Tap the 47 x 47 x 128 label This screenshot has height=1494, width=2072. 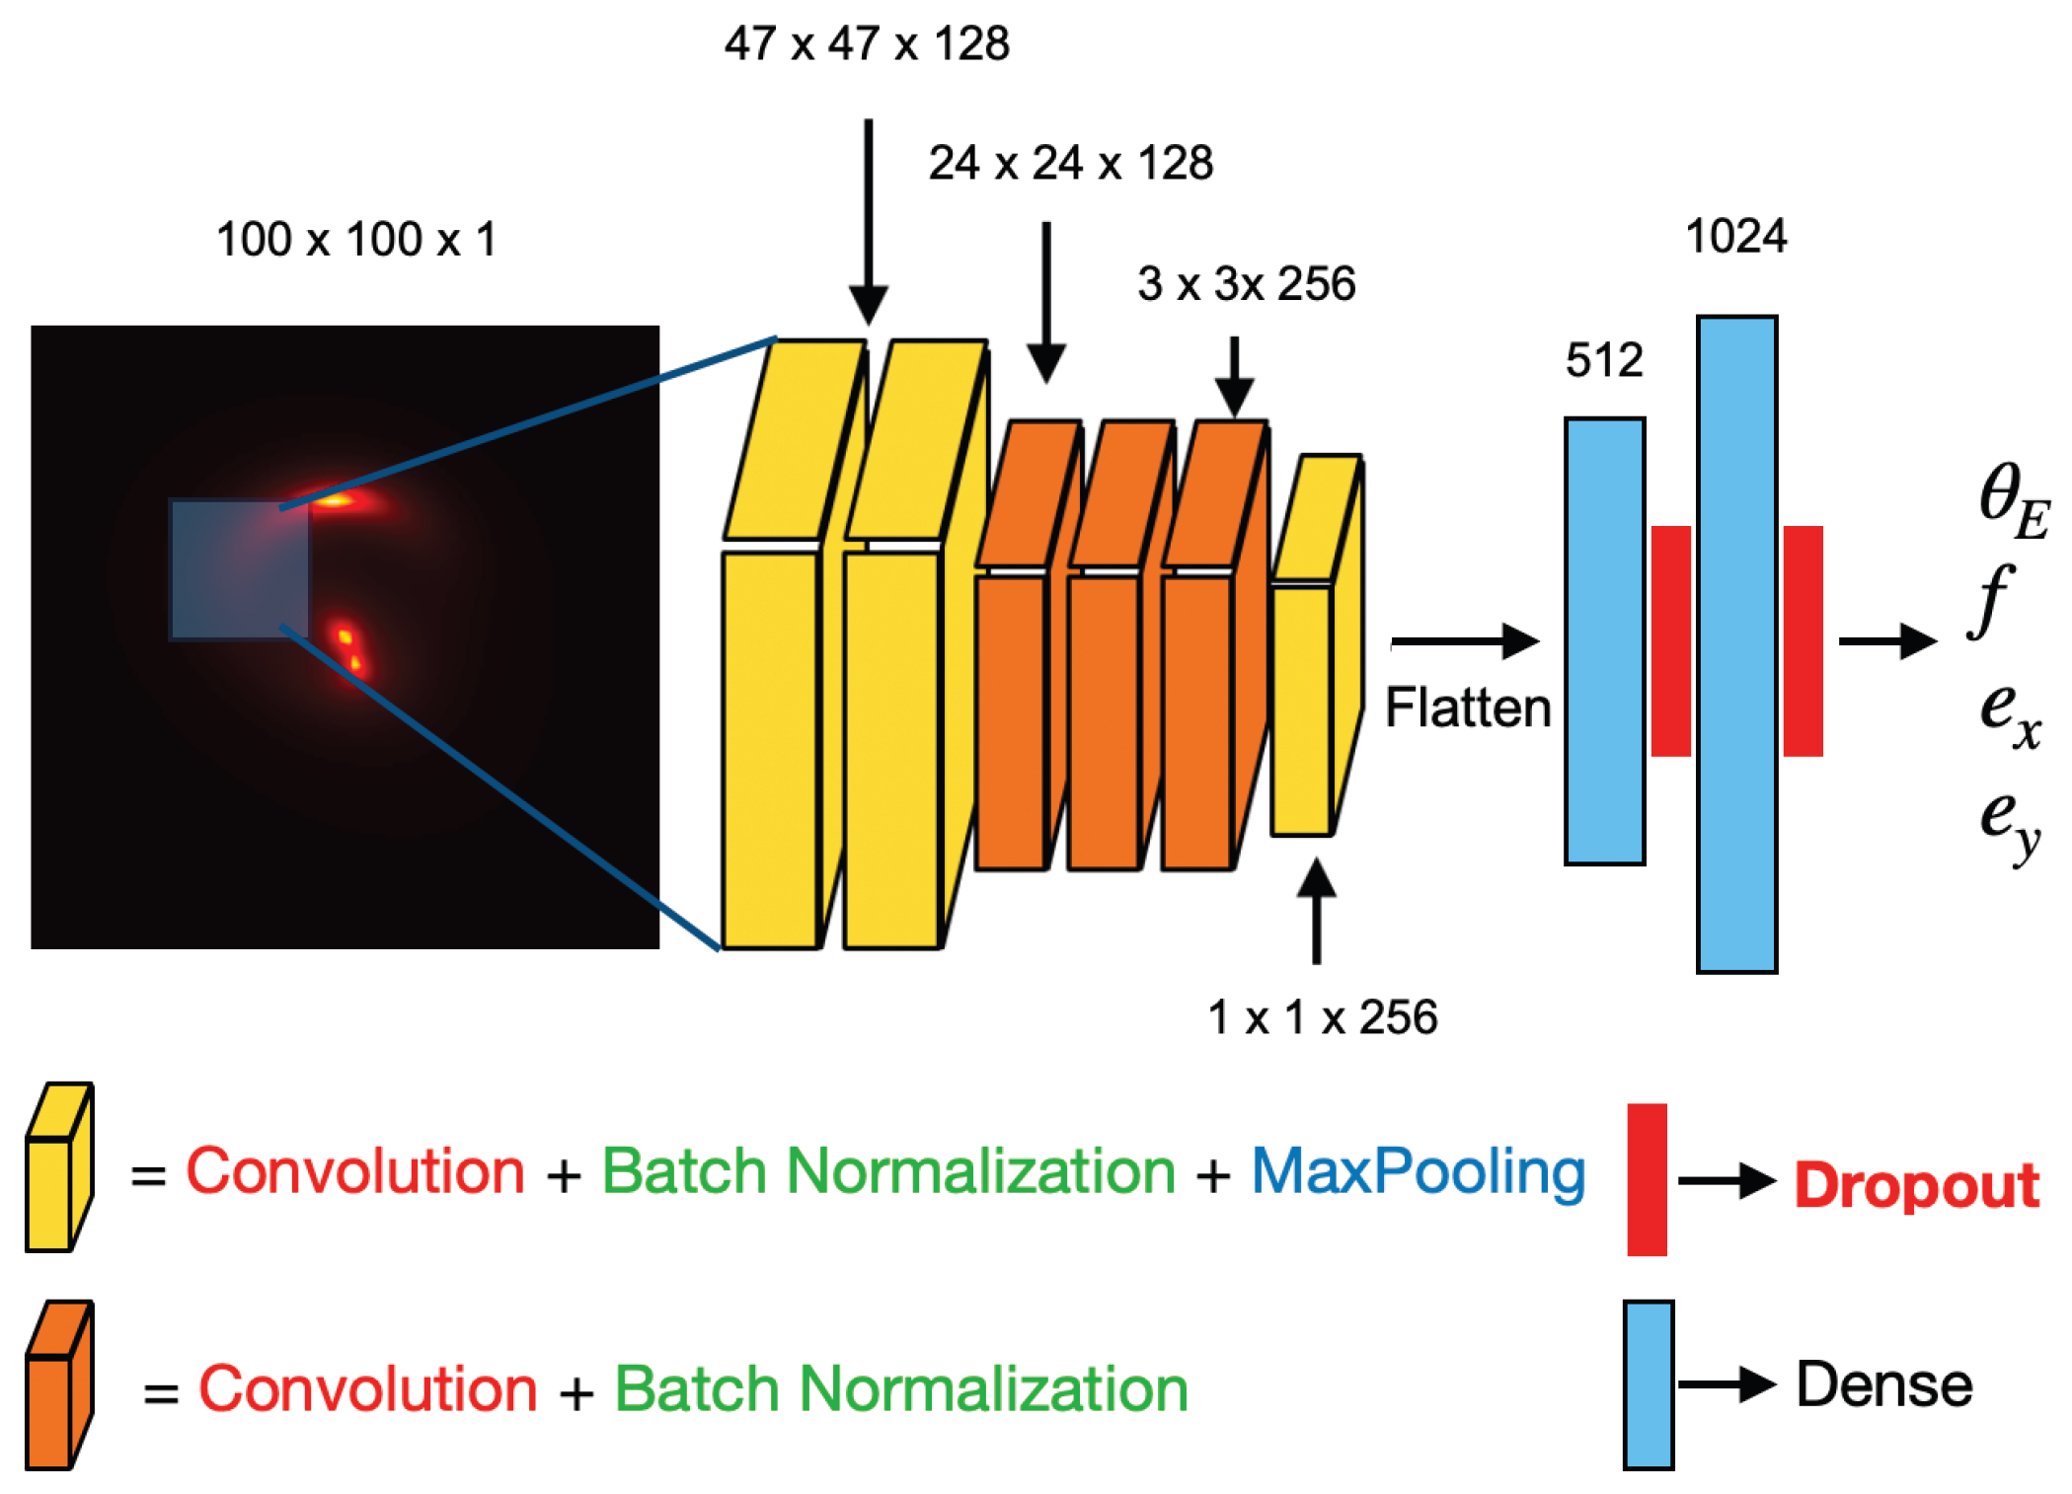coord(867,44)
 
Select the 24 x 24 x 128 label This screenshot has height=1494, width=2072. coord(1070,163)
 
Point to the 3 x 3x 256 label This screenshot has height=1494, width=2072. coord(1246,284)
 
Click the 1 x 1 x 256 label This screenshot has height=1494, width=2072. coord(1322,1017)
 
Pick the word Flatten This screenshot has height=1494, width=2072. coord(1468,708)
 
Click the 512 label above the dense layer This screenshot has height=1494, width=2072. coord(1604,360)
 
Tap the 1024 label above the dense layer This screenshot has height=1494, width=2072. coord(1735,237)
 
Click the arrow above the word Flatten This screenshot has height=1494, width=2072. coord(1465,641)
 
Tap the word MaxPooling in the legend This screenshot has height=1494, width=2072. coord(1418,1173)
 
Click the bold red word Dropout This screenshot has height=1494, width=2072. coord(1916,1185)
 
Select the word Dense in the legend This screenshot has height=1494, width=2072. coord(1883,1384)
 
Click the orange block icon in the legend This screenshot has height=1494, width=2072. coord(58,1384)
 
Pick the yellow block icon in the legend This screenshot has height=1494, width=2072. coord(58,1167)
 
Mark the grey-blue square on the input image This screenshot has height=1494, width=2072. coord(239,569)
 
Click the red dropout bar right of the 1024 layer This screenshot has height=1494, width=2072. coord(1803,641)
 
